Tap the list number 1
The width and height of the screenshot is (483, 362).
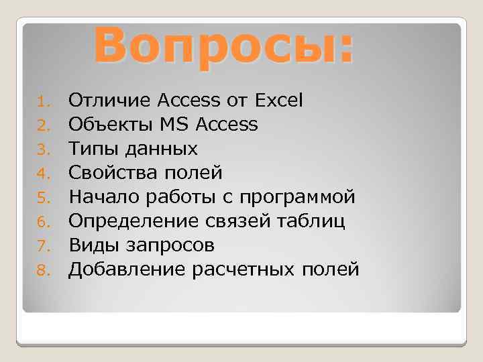[42, 102]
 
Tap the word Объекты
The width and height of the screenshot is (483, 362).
[112, 125]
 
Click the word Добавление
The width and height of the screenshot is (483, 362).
[127, 269]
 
